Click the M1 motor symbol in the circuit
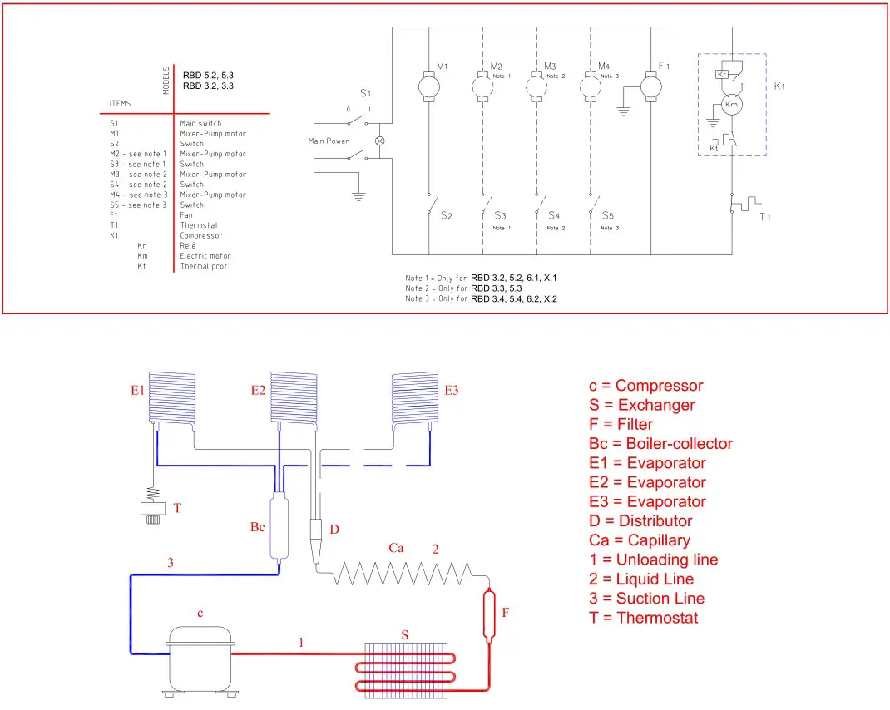coord(429,86)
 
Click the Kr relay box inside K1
coord(723,75)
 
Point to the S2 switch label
coord(446,215)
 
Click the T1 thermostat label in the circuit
coord(764,216)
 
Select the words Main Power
coord(329,141)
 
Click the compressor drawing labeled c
coord(199,657)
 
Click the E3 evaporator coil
coord(415,397)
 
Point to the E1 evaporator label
coord(137,390)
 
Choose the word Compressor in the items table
coord(201,235)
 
